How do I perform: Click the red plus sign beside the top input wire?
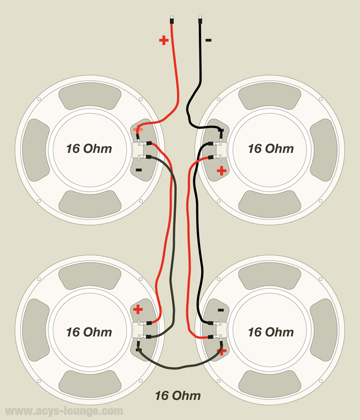pos(164,40)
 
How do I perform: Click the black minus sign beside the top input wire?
pos(208,40)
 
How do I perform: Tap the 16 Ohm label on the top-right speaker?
pos(271,149)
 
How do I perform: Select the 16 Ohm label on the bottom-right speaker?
pos(271,332)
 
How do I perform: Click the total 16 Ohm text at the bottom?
pos(178,395)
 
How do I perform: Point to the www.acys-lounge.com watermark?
pos(64,411)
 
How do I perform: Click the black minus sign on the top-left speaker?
pos(138,169)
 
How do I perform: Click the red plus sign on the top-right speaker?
pos(222,170)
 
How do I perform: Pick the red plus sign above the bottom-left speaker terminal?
pos(138,309)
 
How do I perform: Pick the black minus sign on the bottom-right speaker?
pos(221,310)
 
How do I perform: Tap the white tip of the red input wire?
pos(171,19)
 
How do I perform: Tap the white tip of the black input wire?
pos(200,19)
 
